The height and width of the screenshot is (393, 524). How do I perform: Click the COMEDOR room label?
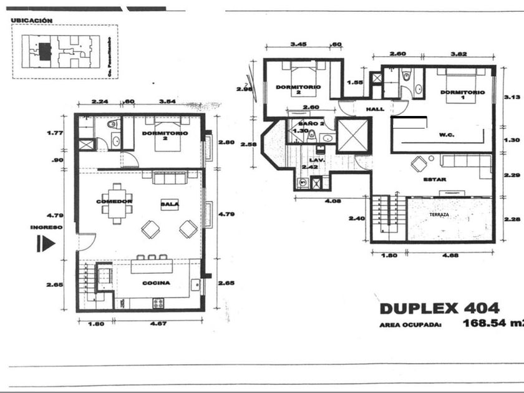[114, 201]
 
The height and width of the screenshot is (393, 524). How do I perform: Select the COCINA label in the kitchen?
[156, 283]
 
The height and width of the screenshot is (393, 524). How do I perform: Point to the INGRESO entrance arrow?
[46, 243]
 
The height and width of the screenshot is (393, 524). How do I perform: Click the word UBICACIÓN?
[32, 20]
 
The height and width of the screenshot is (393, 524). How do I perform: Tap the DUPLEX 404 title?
[439, 308]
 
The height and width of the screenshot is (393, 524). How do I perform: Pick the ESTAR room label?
[435, 180]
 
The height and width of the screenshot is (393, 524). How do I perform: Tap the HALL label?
[376, 109]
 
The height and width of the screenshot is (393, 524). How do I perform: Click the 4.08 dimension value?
[334, 201]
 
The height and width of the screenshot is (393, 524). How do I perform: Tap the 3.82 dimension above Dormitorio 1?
[459, 54]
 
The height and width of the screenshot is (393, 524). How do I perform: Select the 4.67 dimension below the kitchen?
[162, 323]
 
